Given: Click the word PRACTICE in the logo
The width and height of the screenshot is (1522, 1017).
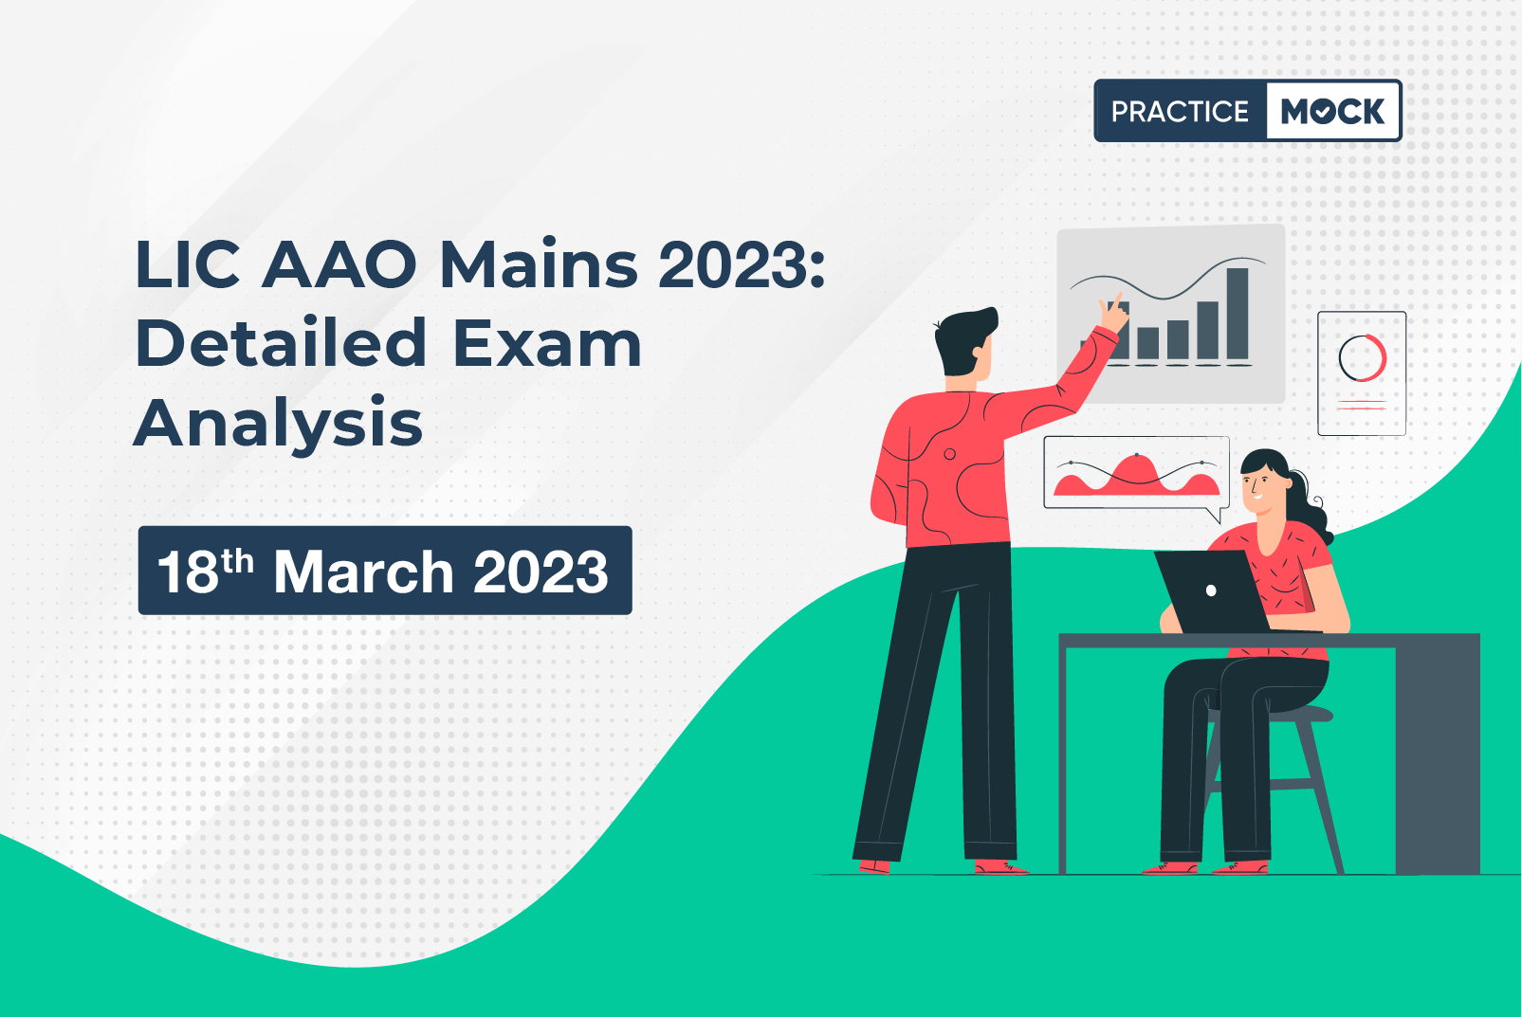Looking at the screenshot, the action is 1180,111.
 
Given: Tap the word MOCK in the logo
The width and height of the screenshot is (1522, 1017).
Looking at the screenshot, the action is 1332,111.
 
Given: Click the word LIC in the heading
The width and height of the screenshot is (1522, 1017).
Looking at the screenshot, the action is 188,264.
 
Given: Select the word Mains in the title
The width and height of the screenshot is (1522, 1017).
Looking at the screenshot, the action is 539,263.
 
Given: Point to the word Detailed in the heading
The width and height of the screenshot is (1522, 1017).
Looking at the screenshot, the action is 282,342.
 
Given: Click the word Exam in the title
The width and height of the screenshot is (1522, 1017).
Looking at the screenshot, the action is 548,343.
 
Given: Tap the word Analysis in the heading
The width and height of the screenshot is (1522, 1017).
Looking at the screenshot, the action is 279,424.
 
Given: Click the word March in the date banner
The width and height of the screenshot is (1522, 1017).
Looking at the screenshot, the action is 364,572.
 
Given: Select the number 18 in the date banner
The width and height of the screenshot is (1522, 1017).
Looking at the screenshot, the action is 188,572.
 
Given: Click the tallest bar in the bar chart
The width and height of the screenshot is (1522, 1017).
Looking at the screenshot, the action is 1238,314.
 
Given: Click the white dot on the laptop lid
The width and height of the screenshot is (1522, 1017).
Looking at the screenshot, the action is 1211,590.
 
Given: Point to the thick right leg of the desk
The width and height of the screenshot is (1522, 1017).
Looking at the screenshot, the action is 1437,754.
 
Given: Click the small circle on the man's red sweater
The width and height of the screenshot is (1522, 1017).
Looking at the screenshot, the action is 950,454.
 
